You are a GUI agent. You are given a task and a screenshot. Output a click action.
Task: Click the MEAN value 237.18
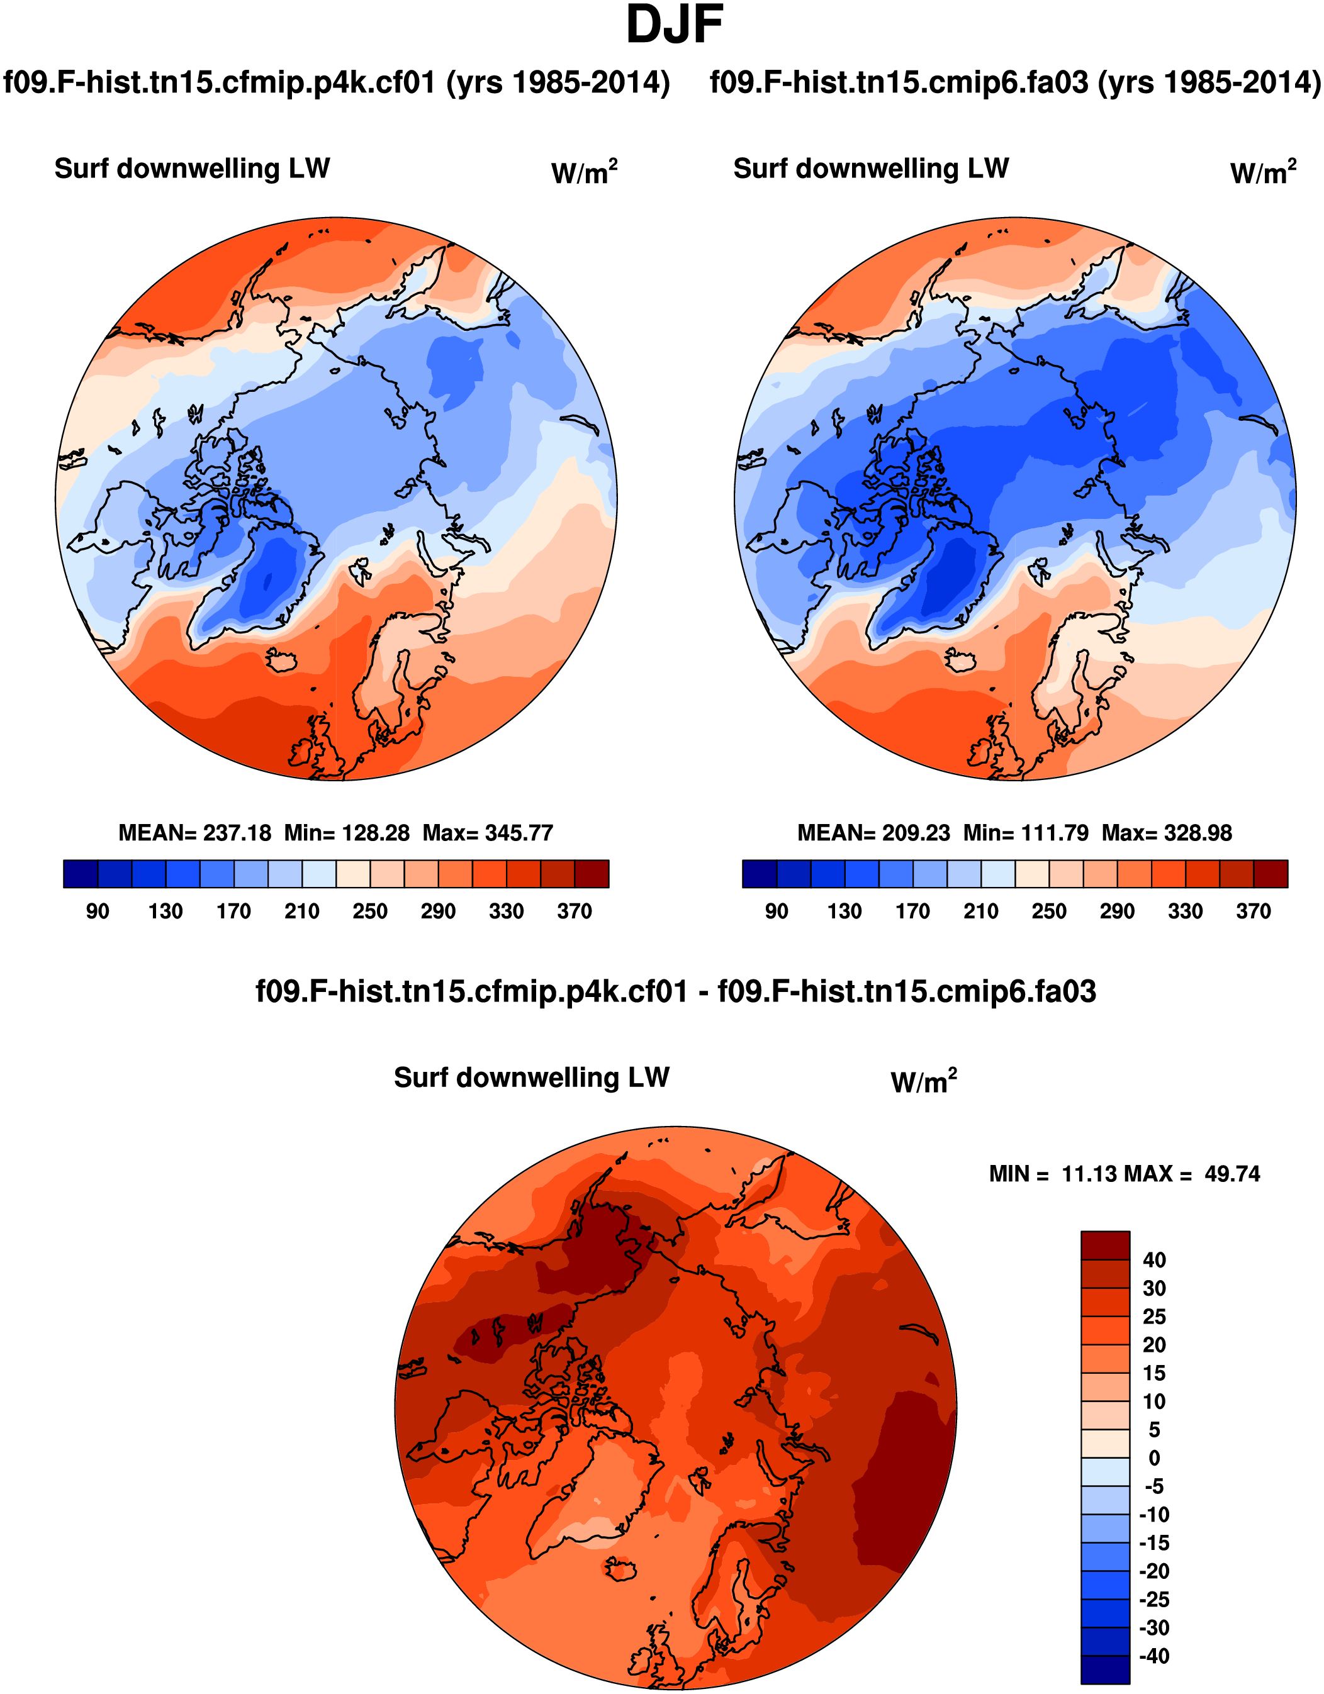237,833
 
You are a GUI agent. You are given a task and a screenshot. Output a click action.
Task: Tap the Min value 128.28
376,833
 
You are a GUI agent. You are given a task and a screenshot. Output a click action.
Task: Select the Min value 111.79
1055,833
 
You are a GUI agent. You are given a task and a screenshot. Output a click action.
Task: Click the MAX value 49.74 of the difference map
1231,1174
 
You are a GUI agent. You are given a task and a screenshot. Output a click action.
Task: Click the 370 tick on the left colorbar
575,911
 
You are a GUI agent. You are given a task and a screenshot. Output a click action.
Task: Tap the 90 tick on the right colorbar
776,911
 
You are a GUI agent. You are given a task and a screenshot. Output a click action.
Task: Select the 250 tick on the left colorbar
369,911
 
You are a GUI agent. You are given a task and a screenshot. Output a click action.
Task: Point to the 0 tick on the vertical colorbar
1154,1457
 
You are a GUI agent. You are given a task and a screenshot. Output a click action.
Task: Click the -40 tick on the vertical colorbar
1153,1656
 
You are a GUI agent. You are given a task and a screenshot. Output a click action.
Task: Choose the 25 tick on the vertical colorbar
1154,1317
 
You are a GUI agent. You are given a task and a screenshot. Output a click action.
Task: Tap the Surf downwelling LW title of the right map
871,169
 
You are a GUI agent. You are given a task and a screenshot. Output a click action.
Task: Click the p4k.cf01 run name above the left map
336,82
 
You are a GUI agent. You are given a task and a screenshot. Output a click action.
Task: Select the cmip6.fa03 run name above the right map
1015,82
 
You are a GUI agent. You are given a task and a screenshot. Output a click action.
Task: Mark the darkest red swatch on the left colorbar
592,873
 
